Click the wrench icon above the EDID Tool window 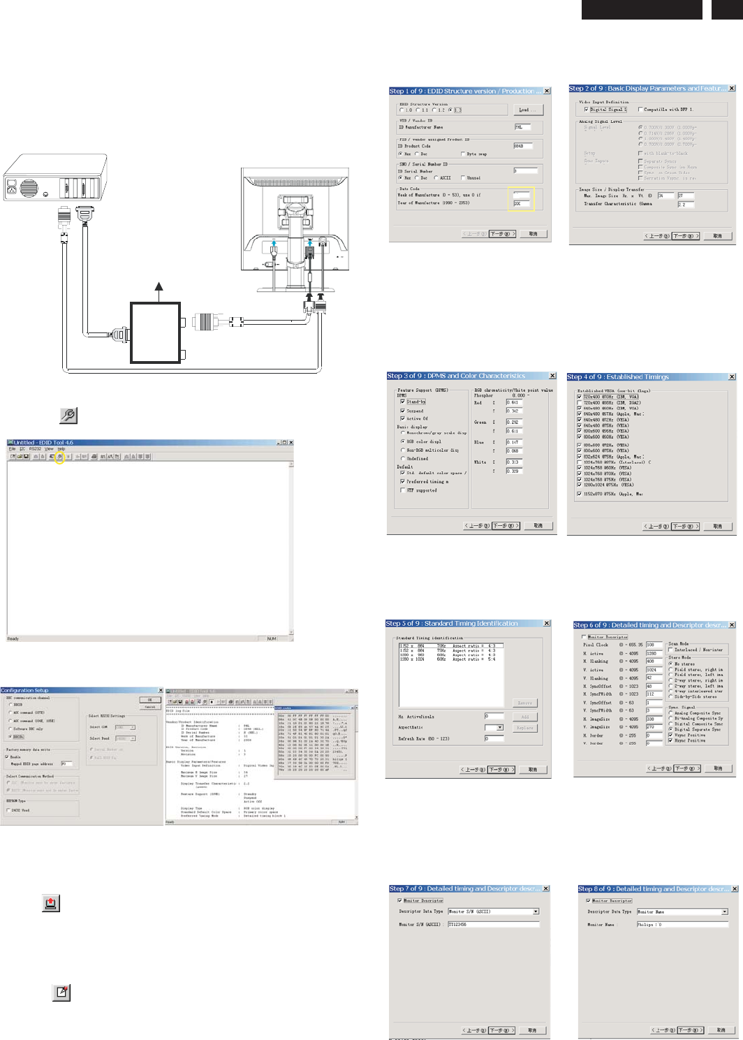coord(68,415)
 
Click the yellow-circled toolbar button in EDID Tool coord(60,457)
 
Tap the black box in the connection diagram coord(156,332)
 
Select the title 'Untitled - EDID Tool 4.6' coord(43,443)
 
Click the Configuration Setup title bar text coord(25,691)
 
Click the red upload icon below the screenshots coord(50,903)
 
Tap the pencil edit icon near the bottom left coord(61,993)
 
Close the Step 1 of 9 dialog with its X coord(547,91)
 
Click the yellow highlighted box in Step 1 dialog coord(521,199)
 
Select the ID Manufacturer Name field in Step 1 coord(523,127)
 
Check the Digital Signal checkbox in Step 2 coord(586,110)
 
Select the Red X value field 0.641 coord(514,402)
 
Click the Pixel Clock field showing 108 coord(654,645)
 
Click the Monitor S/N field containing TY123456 coord(493,924)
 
